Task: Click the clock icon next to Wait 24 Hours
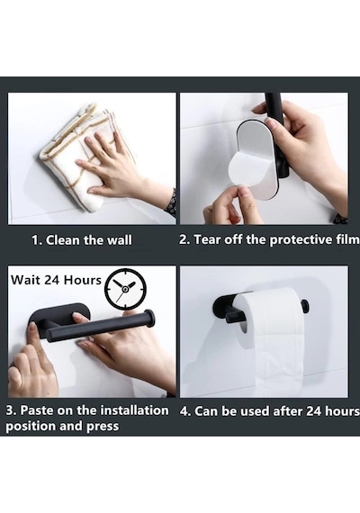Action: (125, 290)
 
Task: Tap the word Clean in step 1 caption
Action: (62, 240)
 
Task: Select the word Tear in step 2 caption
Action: (206, 239)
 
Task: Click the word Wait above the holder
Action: (25, 280)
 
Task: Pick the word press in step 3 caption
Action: (103, 427)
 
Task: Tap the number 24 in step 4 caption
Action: (314, 411)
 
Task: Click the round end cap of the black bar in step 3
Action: (149, 318)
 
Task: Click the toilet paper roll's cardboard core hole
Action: (242, 328)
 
